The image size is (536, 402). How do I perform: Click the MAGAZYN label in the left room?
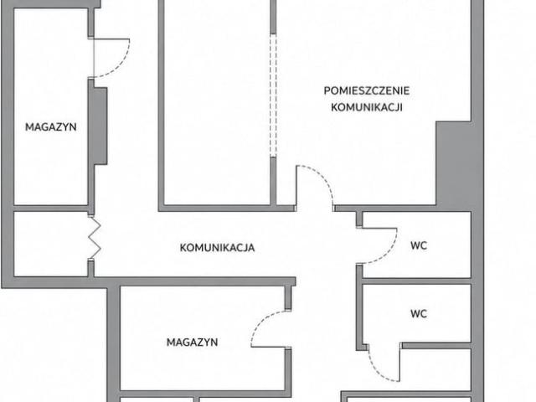pyautogui.click(x=50, y=127)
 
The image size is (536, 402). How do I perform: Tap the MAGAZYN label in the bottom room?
pyautogui.click(x=192, y=343)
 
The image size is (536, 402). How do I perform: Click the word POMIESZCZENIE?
pyautogui.click(x=367, y=91)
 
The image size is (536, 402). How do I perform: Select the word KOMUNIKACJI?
pyautogui.click(x=367, y=107)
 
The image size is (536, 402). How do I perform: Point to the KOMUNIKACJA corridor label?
pyautogui.click(x=217, y=248)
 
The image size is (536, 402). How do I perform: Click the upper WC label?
pyautogui.click(x=419, y=245)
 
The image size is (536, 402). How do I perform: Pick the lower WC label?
pyautogui.click(x=419, y=313)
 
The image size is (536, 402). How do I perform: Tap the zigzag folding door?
pyautogui.click(x=95, y=237)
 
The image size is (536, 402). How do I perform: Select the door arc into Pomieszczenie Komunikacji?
pyautogui.click(x=323, y=178)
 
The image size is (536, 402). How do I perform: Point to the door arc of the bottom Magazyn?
pyautogui.click(x=259, y=323)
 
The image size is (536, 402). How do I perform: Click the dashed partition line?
pyautogui.click(x=273, y=95)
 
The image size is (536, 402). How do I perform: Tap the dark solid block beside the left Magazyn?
pyautogui.click(x=98, y=126)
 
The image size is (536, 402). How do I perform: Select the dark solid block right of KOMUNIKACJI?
pyautogui.click(x=454, y=164)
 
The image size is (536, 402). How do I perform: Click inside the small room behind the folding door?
pyautogui.click(x=50, y=244)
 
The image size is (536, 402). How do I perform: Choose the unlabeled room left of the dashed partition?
pyautogui.click(x=217, y=102)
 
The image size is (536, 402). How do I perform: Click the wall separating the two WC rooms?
pyautogui.click(x=417, y=281)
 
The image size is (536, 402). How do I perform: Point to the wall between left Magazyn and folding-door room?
pyautogui.click(x=50, y=209)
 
